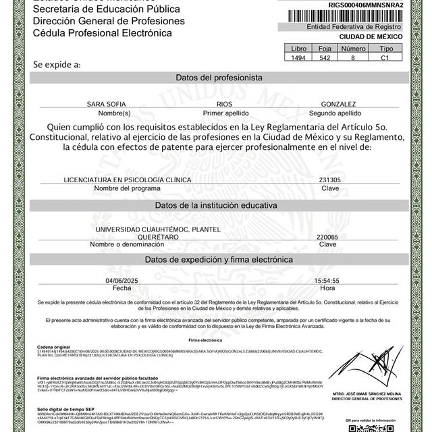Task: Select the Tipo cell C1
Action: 385,59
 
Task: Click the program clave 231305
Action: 329,180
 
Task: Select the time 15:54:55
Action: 327,280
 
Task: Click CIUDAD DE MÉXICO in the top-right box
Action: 367,37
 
